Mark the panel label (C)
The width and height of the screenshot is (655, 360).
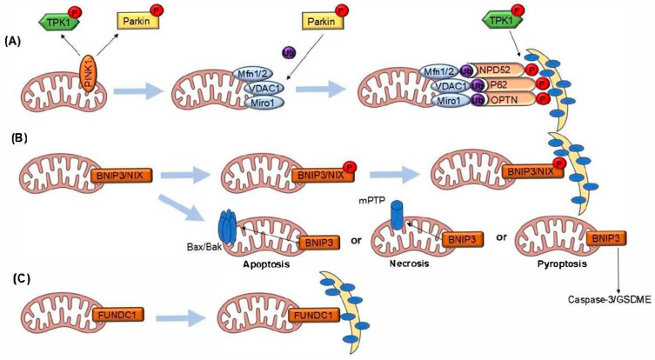coord(18,280)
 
